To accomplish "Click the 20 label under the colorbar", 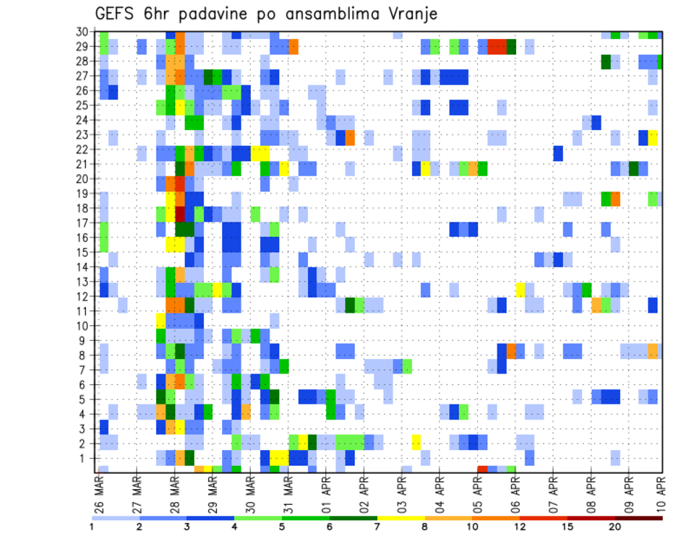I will coord(615,527).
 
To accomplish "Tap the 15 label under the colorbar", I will coord(567,527).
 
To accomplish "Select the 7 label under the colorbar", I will coord(377,527).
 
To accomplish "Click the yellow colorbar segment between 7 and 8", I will coord(401,518).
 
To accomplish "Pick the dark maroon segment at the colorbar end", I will coord(639,518).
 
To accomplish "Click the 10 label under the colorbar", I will coord(473,527).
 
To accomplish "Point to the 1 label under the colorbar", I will coord(92,527).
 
